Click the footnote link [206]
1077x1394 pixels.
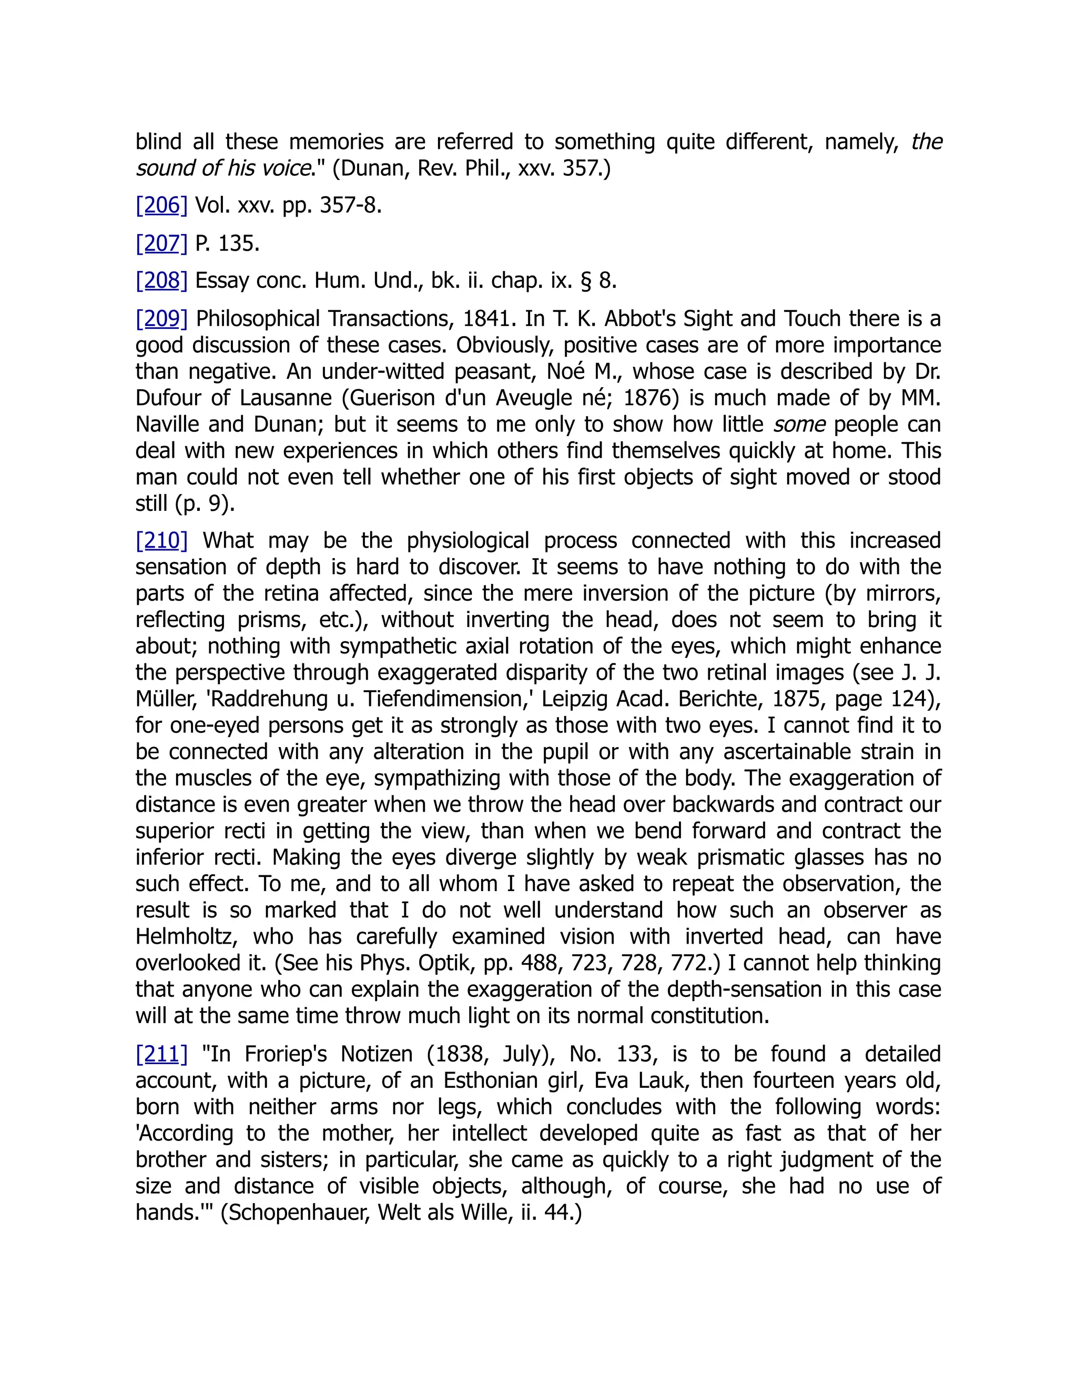click(x=161, y=206)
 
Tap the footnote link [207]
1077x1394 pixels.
click(x=161, y=243)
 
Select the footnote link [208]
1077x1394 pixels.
click(x=161, y=280)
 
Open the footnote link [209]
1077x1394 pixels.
click(x=161, y=318)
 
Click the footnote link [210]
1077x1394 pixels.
click(x=161, y=541)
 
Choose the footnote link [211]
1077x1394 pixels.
click(x=161, y=1054)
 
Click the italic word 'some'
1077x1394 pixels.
click(x=799, y=425)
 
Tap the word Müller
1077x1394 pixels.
click(x=167, y=699)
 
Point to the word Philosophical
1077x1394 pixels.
click(x=258, y=318)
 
